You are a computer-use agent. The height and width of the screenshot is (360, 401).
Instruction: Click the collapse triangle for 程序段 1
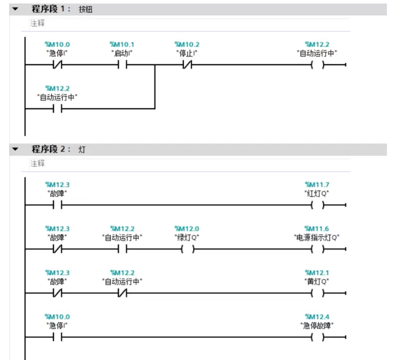(x=15, y=9)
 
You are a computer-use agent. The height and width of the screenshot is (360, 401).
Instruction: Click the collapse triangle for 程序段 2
(x=15, y=149)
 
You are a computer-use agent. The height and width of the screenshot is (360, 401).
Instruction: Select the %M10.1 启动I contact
(x=123, y=65)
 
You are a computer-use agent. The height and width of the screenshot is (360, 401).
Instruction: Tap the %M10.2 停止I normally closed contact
(x=187, y=65)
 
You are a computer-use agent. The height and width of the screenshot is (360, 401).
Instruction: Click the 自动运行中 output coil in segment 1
(x=318, y=65)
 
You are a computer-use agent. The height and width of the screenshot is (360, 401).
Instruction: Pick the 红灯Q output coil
(x=318, y=205)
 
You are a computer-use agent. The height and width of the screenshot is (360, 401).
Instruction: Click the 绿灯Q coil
(x=187, y=249)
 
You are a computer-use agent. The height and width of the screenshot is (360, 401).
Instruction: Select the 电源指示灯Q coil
(x=318, y=249)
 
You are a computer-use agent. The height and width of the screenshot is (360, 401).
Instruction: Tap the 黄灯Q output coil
(x=318, y=293)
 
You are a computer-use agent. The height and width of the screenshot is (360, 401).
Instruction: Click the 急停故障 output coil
(x=318, y=337)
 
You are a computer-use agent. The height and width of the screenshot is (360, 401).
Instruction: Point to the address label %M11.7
(x=317, y=184)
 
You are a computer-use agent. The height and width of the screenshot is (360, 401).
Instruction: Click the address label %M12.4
(x=317, y=317)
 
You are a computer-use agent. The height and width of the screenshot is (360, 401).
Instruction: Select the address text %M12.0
(x=187, y=228)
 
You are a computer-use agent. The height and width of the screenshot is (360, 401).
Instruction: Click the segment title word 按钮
(x=85, y=9)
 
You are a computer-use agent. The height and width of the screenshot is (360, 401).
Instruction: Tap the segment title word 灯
(x=82, y=149)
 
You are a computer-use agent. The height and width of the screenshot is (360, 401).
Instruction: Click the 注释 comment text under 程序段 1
(x=38, y=23)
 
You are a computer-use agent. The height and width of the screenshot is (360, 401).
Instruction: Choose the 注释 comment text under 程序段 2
(x=38, y=163)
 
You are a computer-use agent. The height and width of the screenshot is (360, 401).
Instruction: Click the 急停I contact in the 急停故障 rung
(x=58, y=337)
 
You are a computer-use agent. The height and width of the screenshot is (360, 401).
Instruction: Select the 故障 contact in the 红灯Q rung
(x=58, y=205)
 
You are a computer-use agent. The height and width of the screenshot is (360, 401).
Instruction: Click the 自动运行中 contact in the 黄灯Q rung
(x=123, y=293)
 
